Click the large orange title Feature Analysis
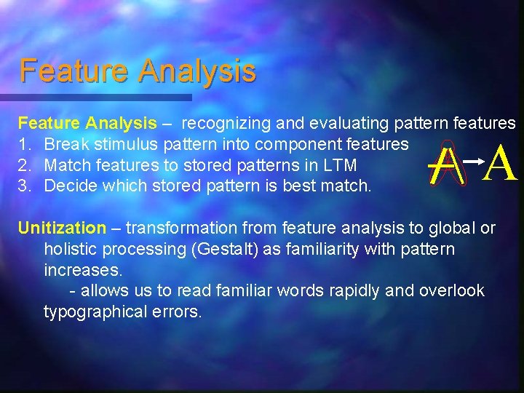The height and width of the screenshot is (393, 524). (x=138, y=71)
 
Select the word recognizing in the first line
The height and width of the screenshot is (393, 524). (x=225, y=124)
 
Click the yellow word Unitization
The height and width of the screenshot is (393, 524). (x=62, y=228)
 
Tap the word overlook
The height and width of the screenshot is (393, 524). (x=451, y=291)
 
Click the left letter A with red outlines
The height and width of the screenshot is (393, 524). (x=445, y=165)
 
